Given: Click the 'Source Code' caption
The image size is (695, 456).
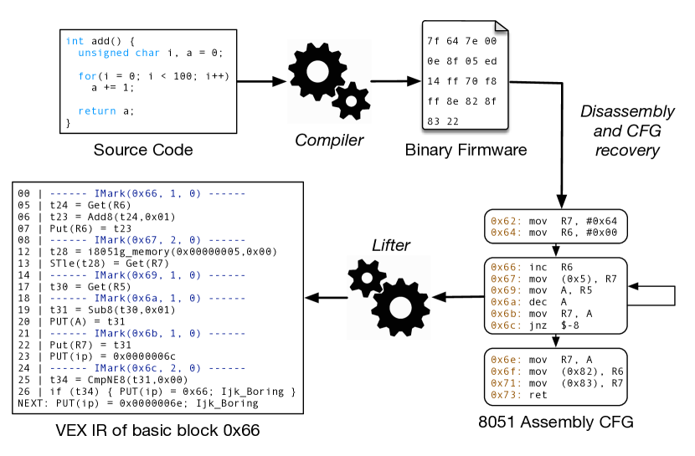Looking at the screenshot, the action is click(x=143, y=150).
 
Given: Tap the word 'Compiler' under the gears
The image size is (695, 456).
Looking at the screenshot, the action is click(x=329, y=141).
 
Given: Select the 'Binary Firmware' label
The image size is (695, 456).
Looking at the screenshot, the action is click(x=466, y=150).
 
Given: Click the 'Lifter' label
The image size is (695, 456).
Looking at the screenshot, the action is click(x=391, y=245).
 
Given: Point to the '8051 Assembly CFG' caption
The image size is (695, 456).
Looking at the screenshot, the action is click(x=556, y=422).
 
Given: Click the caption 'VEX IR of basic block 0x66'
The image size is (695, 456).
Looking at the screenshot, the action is click(x=157, y=430).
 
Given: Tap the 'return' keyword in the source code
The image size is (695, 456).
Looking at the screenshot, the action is click(x=97, y=110).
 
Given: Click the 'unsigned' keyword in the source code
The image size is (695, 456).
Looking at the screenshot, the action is click(x=104, y=53).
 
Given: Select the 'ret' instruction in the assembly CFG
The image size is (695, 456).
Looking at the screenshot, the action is click(x=538, y=394).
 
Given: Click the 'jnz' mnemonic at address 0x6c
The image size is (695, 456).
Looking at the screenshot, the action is click(x=538, y=325).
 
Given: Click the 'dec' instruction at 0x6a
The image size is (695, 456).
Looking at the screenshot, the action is click(x=538, y=302).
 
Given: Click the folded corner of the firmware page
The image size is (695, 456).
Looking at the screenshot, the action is click(x=502, y=26).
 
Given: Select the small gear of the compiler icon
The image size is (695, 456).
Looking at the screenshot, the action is click(x=351, y=101).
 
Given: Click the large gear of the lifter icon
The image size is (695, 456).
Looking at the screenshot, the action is click(x=400, y=307).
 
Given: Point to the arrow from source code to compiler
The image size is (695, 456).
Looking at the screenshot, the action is click(x=261, y=81).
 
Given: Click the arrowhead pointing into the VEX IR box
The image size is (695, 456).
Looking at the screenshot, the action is click(x=312, y=298).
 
